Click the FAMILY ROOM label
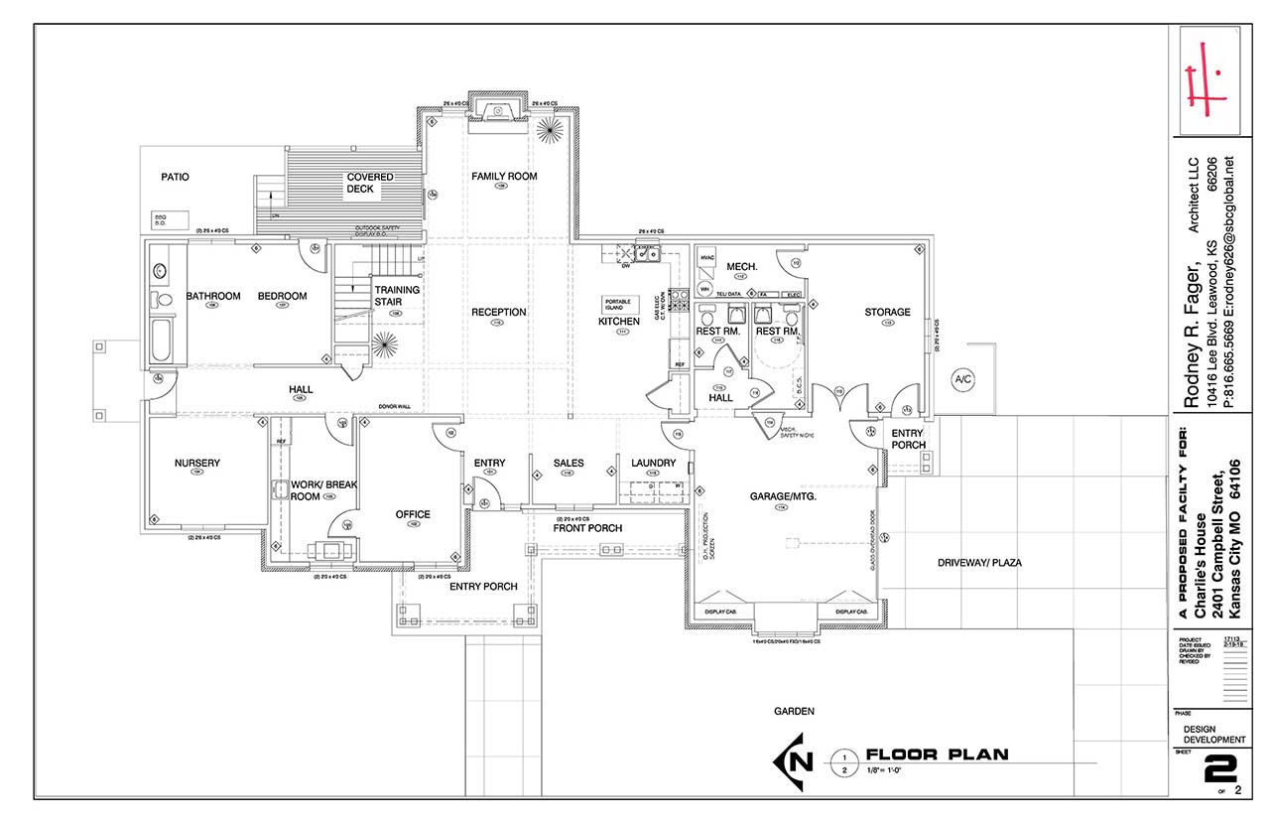click(x=503, y=176)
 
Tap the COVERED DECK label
click(x=369, y=183)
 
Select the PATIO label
click(x=175, y=177)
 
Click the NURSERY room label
click(x=196, y=463)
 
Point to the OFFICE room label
click(x=413, y=514)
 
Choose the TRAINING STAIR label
click(x=396, y=296)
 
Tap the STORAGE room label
click(x=886, y=312)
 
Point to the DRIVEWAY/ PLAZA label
click(x=979, y=563)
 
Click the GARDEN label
click(x=795, y=711)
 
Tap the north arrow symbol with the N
click(x=800, y=760)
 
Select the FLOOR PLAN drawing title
click(x=937, y=754)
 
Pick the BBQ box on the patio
click(x=160, y=218)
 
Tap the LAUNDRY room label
click(x=653, y=463)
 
